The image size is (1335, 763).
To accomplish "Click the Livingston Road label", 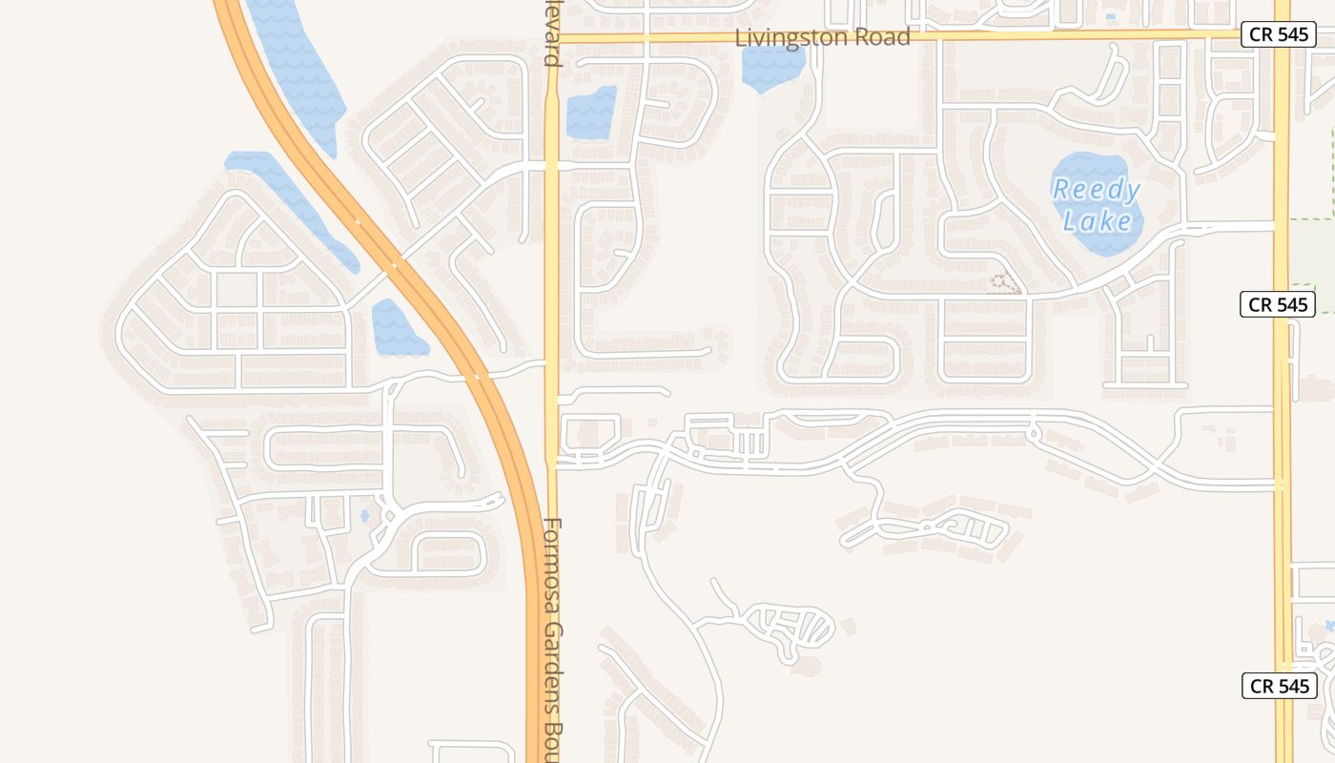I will tap(823, 37).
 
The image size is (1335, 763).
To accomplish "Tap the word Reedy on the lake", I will tap(1096, 190).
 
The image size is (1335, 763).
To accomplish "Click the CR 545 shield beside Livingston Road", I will tap(1280, 34).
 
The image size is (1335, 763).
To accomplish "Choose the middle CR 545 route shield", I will tap(1278, 304).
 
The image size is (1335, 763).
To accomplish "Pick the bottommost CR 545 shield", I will tap(1279, 686).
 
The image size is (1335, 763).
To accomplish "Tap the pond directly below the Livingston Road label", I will tap(771, 68).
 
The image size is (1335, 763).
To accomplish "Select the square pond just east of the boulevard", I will tap(591, 113).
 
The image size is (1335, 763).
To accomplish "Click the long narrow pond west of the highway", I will tap(291, 205).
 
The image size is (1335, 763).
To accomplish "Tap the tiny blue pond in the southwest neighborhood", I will tap(364, 516).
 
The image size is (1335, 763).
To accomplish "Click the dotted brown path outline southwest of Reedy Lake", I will tap(1002, 282).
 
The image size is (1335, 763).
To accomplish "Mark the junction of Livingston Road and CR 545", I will tap(1281, 35).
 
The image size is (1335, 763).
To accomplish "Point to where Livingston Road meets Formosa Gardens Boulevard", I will tap(552, 38).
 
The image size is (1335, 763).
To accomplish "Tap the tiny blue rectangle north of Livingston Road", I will tap(1111, 16).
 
